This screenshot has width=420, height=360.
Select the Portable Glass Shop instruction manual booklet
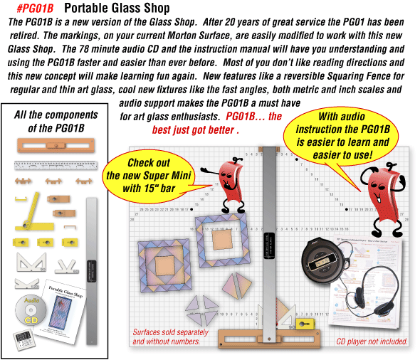pos(70,305)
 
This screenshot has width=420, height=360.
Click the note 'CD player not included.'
pos(372,342)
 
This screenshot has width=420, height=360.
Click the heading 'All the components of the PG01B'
pos(57,121)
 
